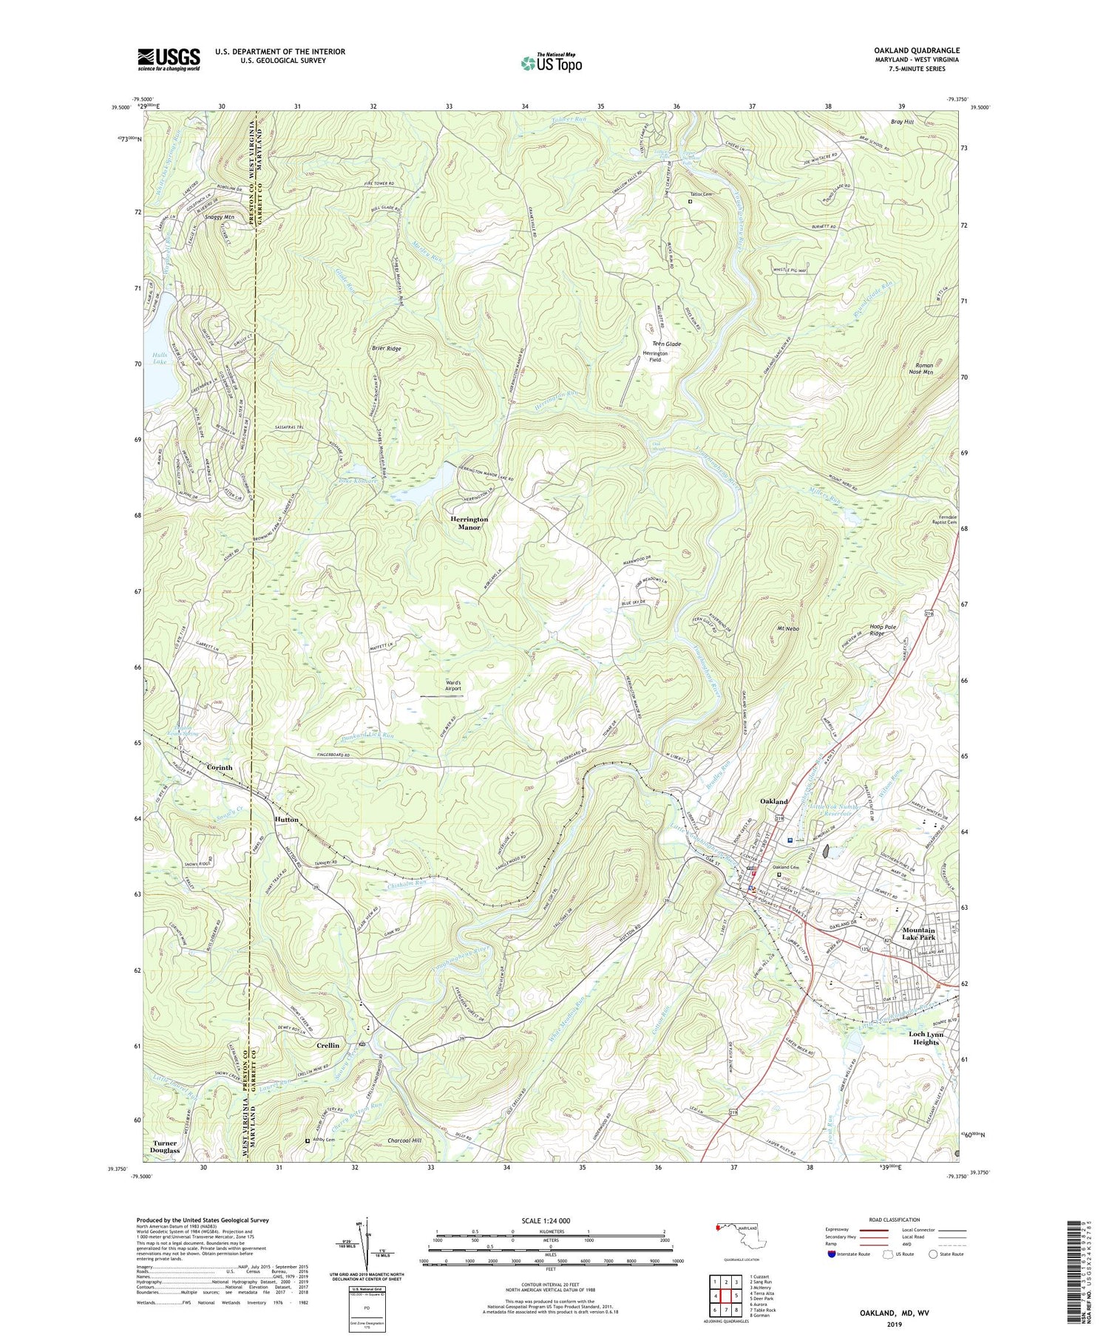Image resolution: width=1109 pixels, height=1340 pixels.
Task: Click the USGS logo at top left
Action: (x=169, y=59)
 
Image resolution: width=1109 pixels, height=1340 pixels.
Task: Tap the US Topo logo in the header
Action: (x=552, y=64)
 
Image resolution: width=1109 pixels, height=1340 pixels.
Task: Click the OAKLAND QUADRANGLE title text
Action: (x=916, y=50)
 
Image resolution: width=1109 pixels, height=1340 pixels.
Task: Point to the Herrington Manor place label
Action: (x=469, y=523)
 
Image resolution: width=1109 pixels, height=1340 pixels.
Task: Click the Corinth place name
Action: (x=220, y=767)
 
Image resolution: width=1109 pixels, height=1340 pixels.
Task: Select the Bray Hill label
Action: (x=902, y=121)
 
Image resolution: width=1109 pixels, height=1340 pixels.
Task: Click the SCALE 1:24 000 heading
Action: (x=550, y=1220)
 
